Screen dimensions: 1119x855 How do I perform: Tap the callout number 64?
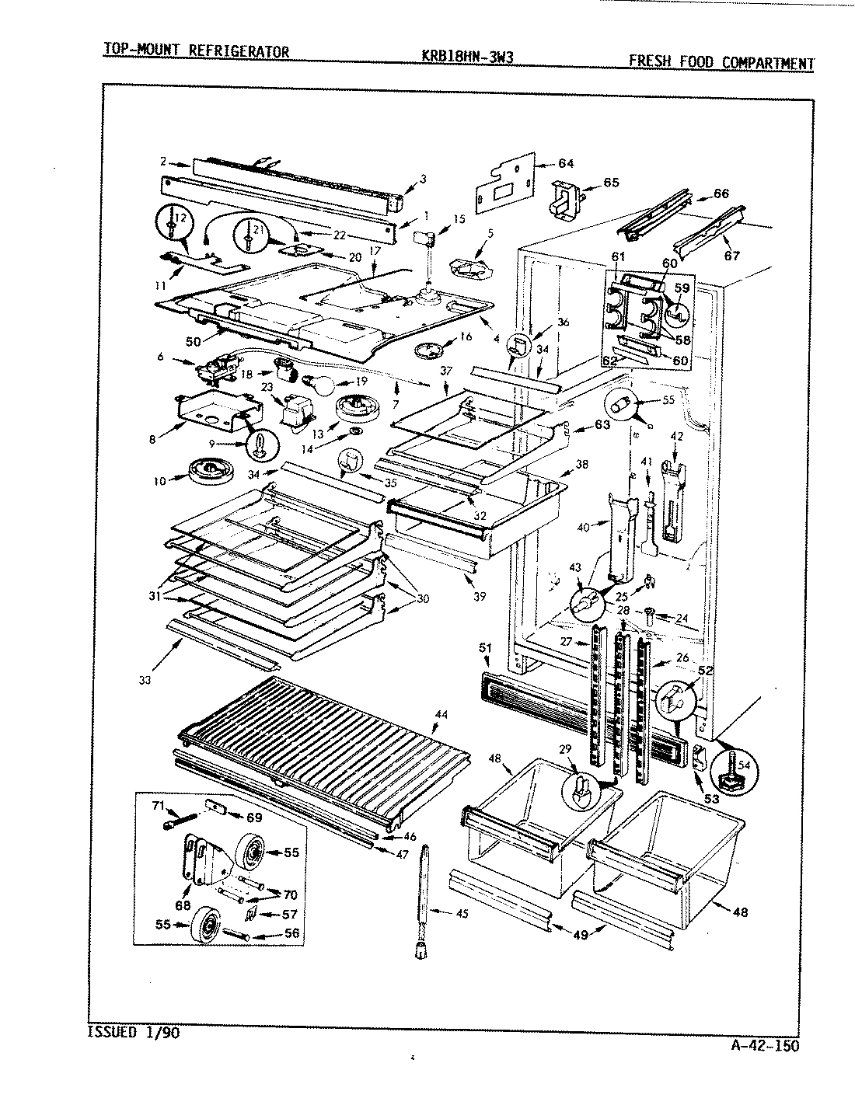click(x=565, y=163)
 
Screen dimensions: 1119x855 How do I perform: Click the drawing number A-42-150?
click(x=765, y=1045)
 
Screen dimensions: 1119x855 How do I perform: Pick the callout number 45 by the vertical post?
click(x=462, y=913)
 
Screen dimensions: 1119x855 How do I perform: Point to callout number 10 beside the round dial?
click(x=159, y=481)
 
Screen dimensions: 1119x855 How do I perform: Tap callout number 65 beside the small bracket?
click(x=611, y=183)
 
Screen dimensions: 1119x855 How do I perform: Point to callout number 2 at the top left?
click(x=164, y=162)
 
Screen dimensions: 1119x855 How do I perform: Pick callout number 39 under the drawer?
click(x=480, y=596)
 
